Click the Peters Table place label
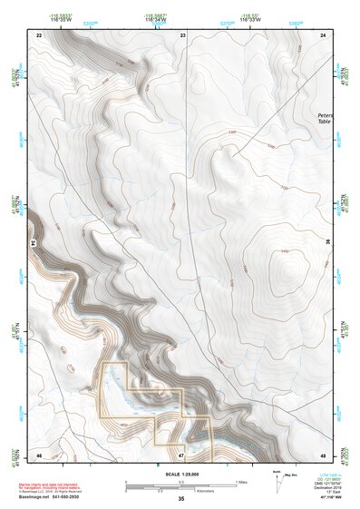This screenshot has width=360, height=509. click(325, 118)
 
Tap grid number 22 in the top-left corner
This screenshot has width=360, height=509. click(39, 34)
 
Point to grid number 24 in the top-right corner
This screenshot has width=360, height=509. click(325, 34)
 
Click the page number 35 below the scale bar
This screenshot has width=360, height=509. click(180, 499)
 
